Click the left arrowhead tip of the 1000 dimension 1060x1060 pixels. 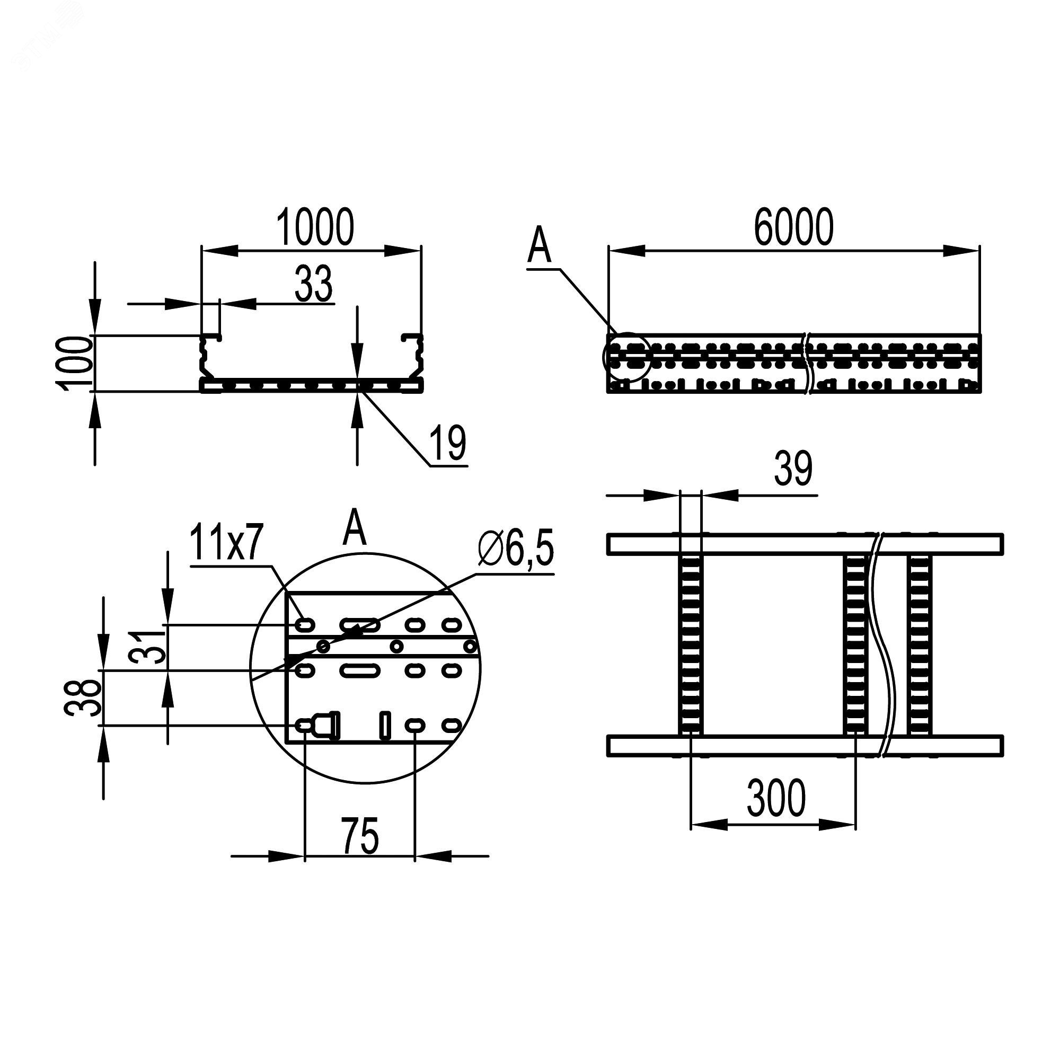[203, 251]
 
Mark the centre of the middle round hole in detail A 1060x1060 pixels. [396, 646]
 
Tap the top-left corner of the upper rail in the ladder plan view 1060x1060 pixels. [608, 534]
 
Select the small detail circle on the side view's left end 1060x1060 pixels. [626, 357]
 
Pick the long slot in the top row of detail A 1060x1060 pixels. [359, 624]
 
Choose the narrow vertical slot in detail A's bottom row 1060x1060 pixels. [386, 726]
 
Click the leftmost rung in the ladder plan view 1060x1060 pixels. [690, 644]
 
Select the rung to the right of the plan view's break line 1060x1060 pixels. [919, 644]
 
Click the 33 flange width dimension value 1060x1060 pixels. [314, 284]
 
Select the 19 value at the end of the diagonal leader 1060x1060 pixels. [448, 443]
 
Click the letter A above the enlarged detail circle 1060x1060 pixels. [355, 528]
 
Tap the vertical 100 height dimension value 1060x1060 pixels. [75, 363]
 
